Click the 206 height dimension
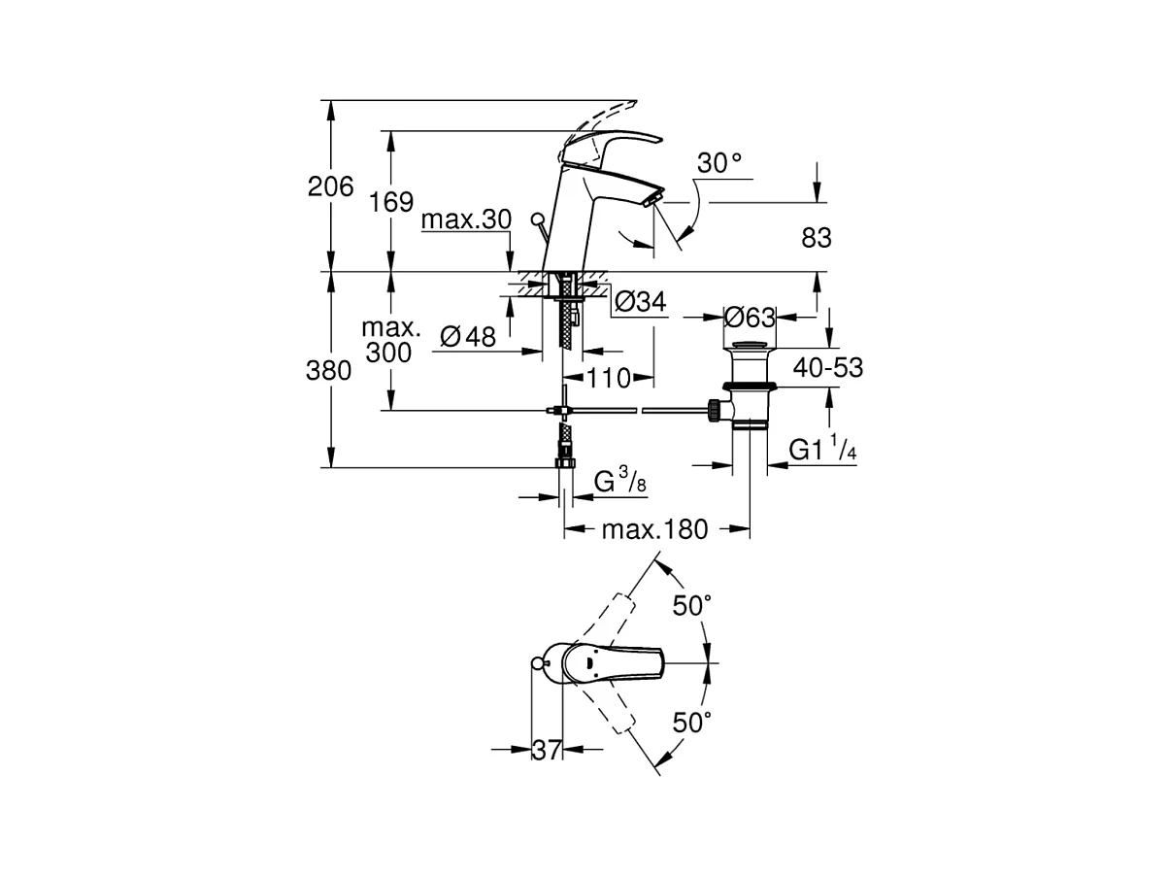click(x=330, y=186)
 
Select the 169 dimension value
click(x=391, y=202)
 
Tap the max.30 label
click(x=467, y=219)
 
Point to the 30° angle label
click(x=719, y=163)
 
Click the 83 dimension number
click(x=817, y=238)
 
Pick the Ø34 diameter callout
click(x=640, y=302)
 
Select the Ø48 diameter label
click(x=468, y=337)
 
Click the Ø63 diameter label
click(x=750, y=318)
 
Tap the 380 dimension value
click(x=328, y=371)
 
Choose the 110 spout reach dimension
click(x=609, y=378)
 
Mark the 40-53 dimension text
click(x=828, y=368)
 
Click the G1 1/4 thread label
click(x=822, y=449)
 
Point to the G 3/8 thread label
click(x=620, y=481)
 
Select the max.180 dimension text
click(x=655, y=530)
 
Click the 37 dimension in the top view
click(x=547, y=751)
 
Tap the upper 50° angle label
click(x=692, y=605)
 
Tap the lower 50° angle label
click(x=692, y=723)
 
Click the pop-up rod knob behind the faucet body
click(x=538, y=219)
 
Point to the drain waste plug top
click(x=750, y=345)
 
